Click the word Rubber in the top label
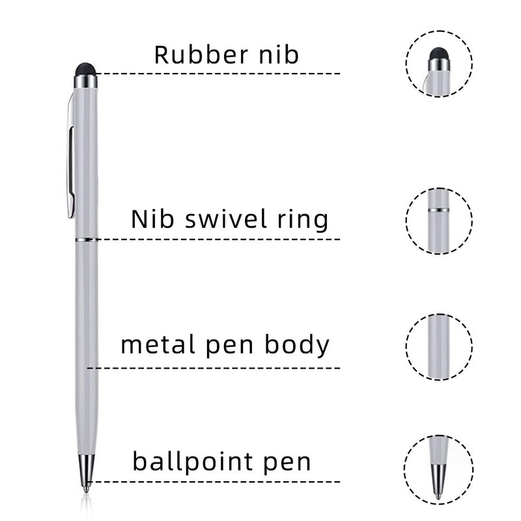point(193,55)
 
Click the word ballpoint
point(184,463)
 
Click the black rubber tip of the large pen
point(86,68)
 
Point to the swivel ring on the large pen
point(86,240)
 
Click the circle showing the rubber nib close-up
point(439,64)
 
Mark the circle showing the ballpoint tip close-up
point(439,467)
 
